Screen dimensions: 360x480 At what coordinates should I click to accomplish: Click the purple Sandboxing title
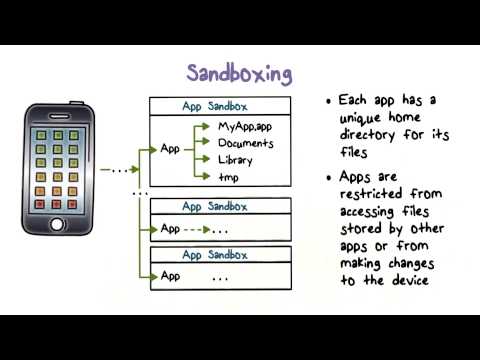click(240, 73)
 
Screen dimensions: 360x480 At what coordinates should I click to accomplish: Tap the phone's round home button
click(56, 223)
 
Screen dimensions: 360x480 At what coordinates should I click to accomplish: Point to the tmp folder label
click(230, 177)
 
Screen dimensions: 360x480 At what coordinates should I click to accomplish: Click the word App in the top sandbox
click(171, 151)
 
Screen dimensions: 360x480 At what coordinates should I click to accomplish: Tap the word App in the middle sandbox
click(171, 228)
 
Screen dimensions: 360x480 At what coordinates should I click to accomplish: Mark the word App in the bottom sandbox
click(171, 276)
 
